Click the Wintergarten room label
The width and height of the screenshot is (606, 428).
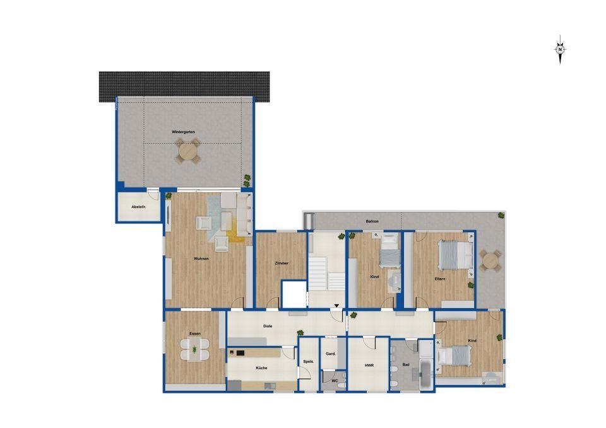(183, 132)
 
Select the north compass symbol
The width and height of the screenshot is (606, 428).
(560, 49)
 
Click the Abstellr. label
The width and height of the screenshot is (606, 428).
(138, 207)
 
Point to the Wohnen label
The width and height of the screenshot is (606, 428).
(201, 258)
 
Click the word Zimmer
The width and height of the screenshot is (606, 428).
(282, 263)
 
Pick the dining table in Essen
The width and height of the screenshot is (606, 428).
(195, 349)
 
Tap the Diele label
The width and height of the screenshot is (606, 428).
(268, 326)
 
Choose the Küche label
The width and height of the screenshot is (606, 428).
(261, 367)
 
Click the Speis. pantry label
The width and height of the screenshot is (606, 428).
(309, 362)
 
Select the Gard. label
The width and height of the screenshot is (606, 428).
(330, 354)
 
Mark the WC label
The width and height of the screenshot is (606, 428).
(335, 381)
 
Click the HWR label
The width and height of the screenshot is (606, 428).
(369, 365)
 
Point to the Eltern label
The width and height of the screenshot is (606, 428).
(440, 279)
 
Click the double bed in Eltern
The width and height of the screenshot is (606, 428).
(455, 254)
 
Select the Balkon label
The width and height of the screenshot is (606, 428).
(372, 221)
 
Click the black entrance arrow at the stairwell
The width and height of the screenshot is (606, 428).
(336, 306)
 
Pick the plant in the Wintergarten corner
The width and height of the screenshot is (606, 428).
(247, 178)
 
